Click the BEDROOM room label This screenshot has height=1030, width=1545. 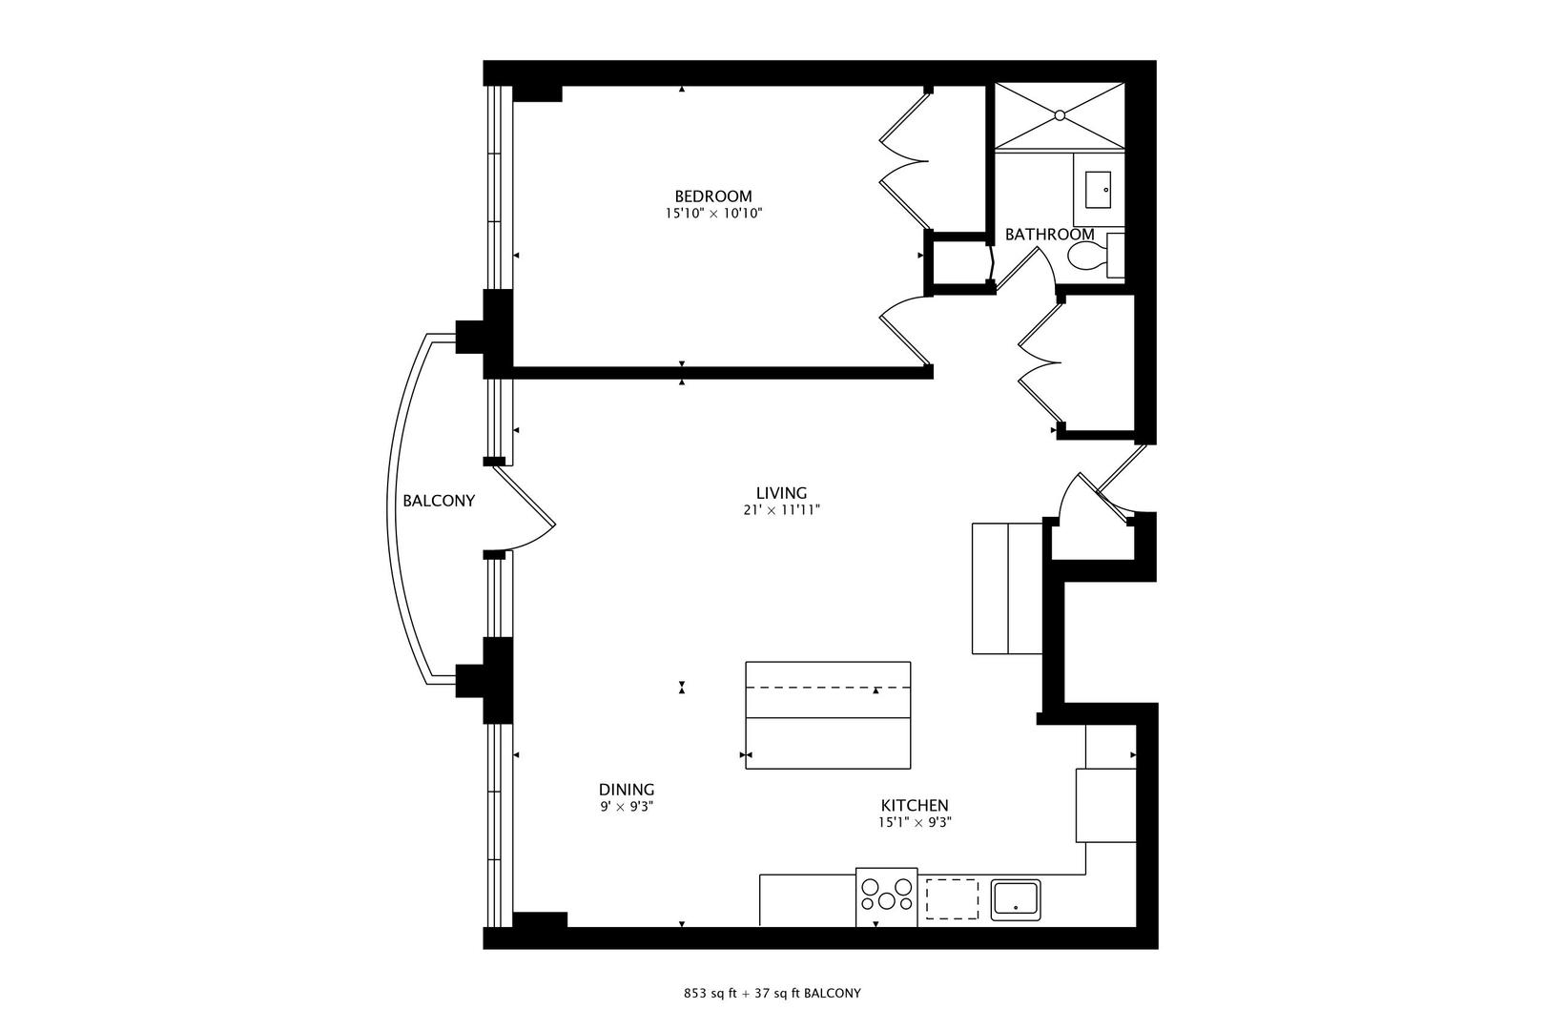[712, 196]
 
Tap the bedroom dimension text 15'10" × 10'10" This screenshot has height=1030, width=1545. [713, 214]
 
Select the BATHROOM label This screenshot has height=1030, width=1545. [1049, 234]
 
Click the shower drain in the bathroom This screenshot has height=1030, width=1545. [1059, 115]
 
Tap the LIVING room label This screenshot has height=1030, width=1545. [781, 493]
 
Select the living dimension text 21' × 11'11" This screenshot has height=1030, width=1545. [781, 510]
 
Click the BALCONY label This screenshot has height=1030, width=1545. [438, 501]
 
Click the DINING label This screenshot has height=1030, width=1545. [626, 790]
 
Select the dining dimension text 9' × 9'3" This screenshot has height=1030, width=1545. [626, 807]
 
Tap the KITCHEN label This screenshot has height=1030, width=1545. [914, 806]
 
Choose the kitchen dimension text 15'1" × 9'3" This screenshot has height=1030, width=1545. [914, 823]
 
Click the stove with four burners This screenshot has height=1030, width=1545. [886, 896]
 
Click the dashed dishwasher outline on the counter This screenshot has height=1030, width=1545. [951, 898]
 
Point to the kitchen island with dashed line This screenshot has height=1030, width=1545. [827, 715]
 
